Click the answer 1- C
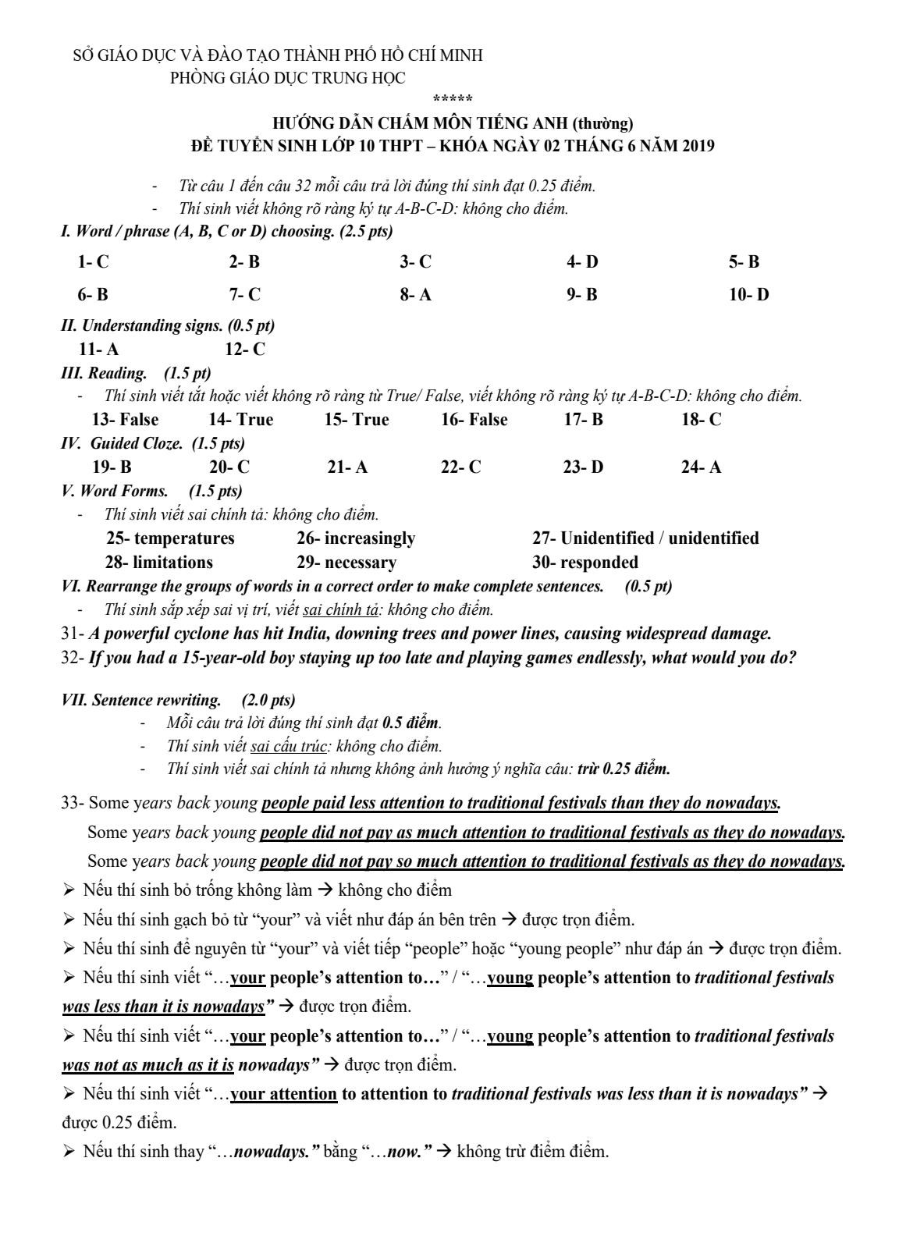(x=94, y=262)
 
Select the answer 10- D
(x=748, y=295)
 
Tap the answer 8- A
(x=415, y=295)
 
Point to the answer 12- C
(x=245, y=350)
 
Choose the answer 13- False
(x=125, y=420)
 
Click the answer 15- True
(x=357, y=420)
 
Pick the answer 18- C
(x=701, y=420)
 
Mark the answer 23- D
(x=583, y=467)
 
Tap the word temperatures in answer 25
(x=184, y=538)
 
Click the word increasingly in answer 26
(x=370, y=538)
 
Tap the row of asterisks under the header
(x=453, y=99)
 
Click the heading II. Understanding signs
(x=168, y=325)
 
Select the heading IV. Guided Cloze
(x=152, y=443)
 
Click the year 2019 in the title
(x=694, y=146)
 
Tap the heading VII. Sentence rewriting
(x=178, y=700)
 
